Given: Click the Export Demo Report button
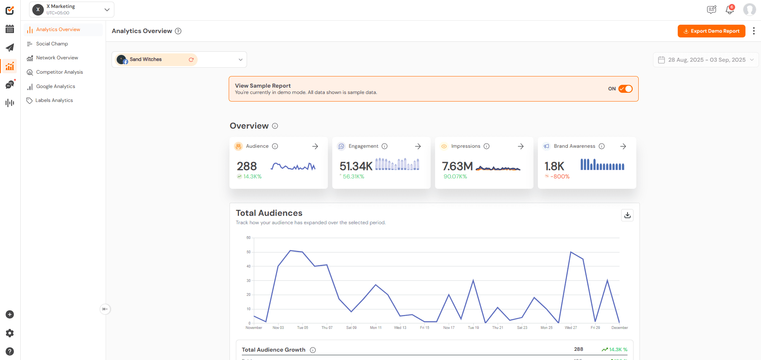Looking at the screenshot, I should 711,31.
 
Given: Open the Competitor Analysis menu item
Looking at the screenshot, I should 59,72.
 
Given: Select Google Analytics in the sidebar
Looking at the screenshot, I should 55,86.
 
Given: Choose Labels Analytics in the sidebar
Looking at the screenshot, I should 54,100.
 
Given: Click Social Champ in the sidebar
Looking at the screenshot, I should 52,44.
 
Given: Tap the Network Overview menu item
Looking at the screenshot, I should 57,58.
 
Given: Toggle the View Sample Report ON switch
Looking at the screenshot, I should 625,89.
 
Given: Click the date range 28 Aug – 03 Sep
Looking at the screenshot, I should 706,60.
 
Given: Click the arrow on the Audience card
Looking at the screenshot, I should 315,147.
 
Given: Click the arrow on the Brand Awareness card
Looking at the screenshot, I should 623,147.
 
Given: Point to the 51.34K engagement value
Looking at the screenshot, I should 356,166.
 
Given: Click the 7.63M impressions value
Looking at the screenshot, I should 457,166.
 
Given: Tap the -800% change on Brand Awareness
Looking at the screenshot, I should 560,176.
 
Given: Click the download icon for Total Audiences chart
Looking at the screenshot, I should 627,215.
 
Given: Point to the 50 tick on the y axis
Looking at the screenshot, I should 249,252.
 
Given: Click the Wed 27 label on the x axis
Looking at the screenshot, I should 571,328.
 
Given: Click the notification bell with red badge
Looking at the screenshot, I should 730,10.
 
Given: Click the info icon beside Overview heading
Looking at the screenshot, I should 275,126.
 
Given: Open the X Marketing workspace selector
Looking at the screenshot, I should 72,10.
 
